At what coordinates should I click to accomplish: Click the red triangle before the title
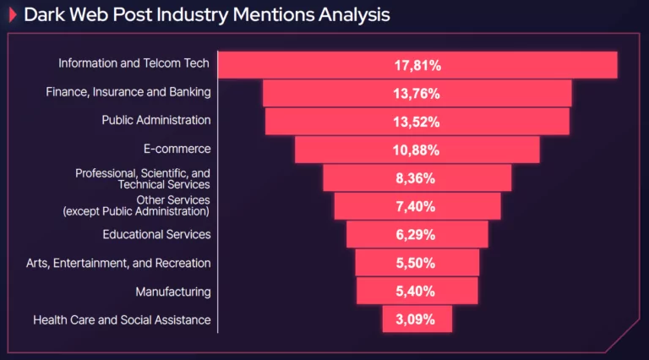tap(13, 15)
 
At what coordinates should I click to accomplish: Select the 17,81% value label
tap(417, 65)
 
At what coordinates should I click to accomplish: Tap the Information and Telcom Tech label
tap(134, 63)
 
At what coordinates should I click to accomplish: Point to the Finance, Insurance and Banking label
tap(128, 91)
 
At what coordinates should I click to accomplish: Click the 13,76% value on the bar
tap(417, 93)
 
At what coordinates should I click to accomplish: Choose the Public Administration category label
tap(156, 120)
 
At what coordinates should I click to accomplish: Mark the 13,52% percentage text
tap(417, 122)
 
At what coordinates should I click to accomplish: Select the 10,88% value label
tap(417, 150)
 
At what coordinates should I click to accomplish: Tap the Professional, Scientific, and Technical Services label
tap(143, 178)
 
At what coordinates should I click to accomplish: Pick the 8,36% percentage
tap(417, 178)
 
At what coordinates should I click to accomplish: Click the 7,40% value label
tap(417, 206)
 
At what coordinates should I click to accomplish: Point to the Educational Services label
tap(156, 234)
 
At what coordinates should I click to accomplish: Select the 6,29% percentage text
tap(417, 235)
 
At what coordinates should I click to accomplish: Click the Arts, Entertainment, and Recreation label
tap(118, 263)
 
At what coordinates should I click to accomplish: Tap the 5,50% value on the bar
tap(417, 263)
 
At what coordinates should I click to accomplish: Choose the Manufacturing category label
tap(173, 292)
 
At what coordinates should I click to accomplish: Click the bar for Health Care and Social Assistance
tap(417, 319)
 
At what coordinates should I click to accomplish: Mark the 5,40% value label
tap(417, 292)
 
